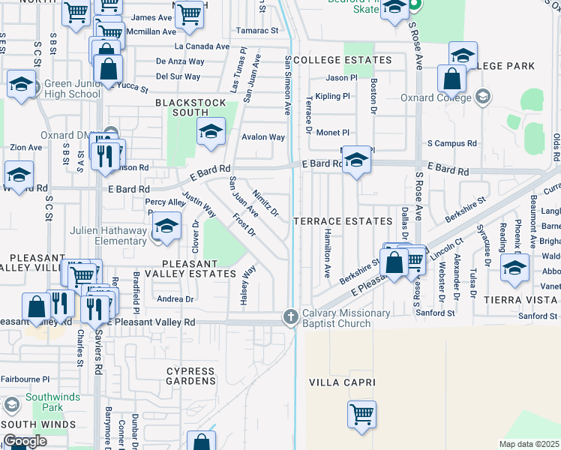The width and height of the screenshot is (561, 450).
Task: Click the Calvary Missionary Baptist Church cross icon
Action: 290,317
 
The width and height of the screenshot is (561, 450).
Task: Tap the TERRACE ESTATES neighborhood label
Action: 343,221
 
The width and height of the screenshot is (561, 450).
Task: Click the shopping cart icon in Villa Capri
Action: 362,413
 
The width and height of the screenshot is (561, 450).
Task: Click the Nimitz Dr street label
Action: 265,202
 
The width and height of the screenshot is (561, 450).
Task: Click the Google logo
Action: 24,441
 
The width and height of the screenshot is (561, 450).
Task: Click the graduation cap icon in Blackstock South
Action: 211,131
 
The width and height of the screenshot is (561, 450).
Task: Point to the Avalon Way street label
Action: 262,137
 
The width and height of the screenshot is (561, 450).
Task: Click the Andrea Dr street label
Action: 176,298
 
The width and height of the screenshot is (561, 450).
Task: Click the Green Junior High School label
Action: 72,89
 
